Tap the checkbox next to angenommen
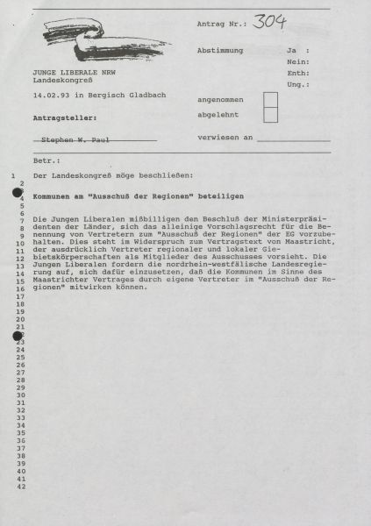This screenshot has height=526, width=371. (270, 99)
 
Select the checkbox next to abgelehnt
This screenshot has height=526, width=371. (270, 114)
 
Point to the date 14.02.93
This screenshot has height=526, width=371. (50, 95)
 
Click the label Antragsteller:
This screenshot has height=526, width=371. (65, 116)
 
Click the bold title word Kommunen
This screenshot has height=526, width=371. (50, 197)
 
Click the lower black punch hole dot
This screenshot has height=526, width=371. (17, 335)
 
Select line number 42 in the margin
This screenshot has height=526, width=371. (21, 487)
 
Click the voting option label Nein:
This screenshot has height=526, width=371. (297, 62)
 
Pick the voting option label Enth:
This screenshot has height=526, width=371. (297, 73)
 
